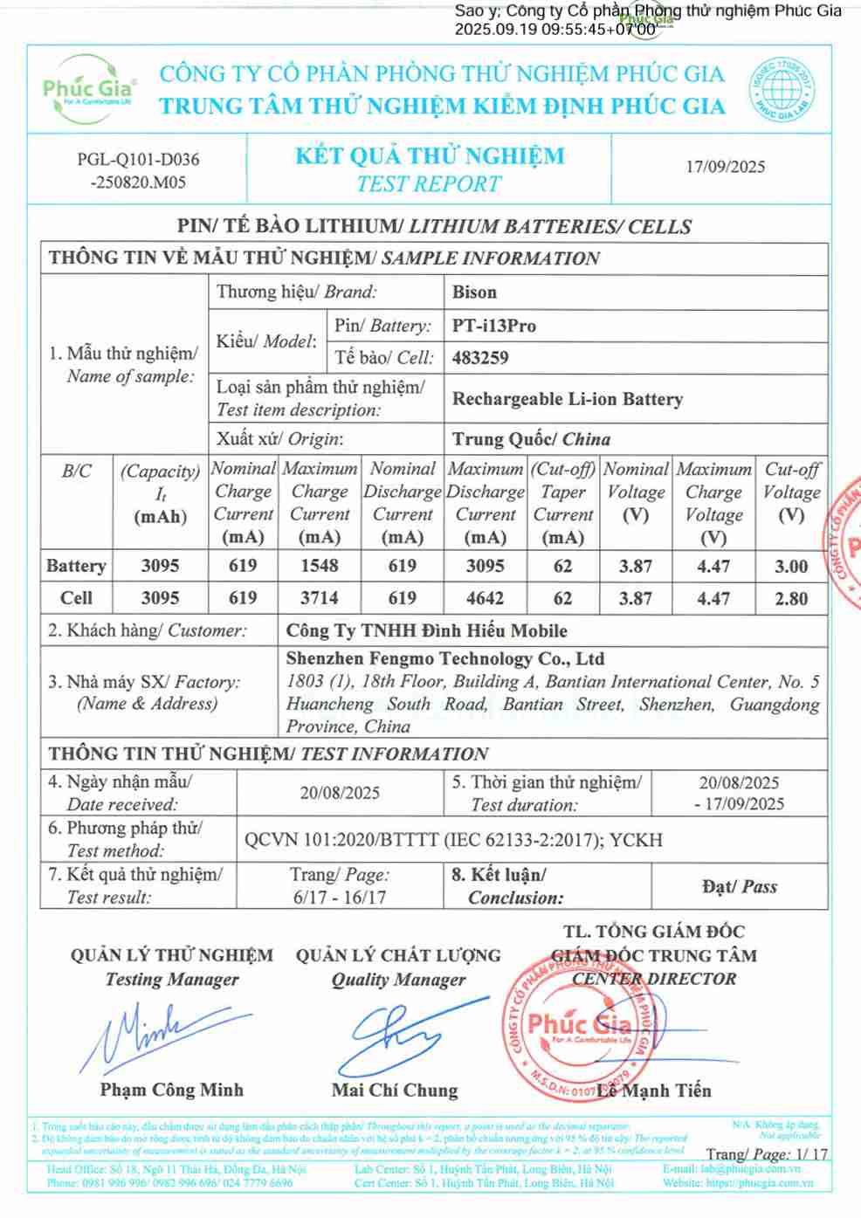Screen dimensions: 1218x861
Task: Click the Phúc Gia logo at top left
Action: point(89,88)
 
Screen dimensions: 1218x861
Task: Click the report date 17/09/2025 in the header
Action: point(725,167)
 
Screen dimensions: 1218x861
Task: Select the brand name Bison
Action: point(474,292)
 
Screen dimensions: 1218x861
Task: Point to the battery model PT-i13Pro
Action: point(494,326)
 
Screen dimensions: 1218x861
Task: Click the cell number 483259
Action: point(480,358)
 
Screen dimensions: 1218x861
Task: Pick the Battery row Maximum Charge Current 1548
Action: point(320,566)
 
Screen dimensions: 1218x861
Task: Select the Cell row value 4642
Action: point(485,599)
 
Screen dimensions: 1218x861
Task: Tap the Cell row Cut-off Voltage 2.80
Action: point(791,599)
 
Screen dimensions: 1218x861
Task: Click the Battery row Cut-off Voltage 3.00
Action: point(791,566)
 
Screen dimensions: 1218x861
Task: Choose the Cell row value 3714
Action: point(320,599)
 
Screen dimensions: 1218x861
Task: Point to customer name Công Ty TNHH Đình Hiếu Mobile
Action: point(426,630)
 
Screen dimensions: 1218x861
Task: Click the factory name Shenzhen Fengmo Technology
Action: point(444,659)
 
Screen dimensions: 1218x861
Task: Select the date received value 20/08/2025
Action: point(340,793)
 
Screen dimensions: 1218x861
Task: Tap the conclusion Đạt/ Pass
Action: point(740,887)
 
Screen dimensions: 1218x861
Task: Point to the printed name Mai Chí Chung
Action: point(395,1091)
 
